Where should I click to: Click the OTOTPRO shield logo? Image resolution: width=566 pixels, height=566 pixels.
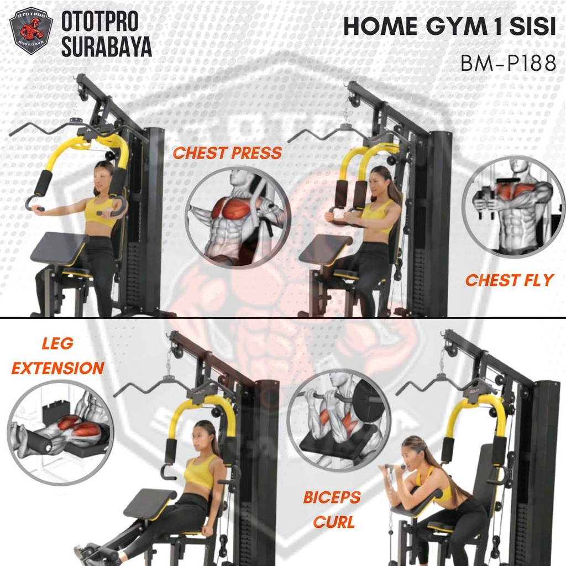coord(31,31)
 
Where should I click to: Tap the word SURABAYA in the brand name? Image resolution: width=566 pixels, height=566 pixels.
coord(107,47)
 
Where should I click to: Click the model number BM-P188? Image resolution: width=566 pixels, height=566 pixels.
coord(509,63)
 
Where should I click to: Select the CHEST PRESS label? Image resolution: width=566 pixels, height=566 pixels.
coord(227,153)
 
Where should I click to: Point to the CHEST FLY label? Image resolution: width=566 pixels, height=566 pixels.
coord(509,280)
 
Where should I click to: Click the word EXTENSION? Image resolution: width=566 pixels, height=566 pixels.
coord(57,368)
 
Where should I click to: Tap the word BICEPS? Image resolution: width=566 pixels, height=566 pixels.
coord(332,497)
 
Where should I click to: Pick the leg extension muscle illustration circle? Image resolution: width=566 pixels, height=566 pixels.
coord(60,433)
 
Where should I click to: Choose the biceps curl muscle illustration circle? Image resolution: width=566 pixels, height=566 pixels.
coord(339,421)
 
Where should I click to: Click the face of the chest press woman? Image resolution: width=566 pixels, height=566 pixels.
coord(102,178)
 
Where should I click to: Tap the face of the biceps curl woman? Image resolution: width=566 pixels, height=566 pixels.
coord(410,455)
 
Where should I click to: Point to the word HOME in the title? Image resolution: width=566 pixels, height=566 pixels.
coord(380,27)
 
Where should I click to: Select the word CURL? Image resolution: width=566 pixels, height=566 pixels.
coord(333,522)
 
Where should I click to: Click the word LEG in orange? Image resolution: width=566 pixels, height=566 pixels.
coord(57,343)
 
